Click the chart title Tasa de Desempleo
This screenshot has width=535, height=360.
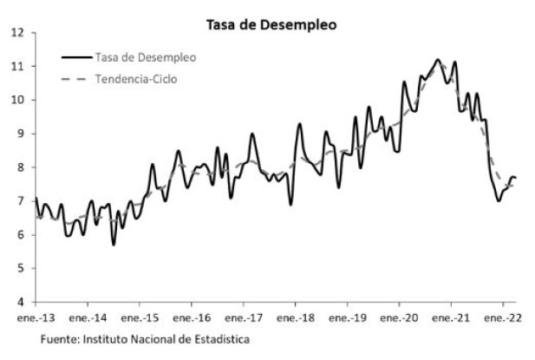pos(271,25)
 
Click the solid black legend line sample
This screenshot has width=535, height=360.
pos(76,58)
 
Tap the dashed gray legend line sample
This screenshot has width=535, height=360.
pos(76,79)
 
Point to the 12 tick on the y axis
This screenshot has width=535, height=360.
pos(17,33)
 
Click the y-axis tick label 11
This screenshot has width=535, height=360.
pos(17,66)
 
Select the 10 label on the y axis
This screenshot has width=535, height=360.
pos(17,100)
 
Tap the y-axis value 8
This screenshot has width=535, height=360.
pos(20,167)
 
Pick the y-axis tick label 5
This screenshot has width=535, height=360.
pos(20,268)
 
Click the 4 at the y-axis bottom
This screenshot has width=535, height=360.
pos(20,302)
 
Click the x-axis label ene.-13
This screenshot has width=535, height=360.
pos(36,317)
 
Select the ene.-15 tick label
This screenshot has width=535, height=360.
pos(140,317)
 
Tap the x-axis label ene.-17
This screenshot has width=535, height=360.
pos(244,317)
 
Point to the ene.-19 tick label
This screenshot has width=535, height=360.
pos(348,317)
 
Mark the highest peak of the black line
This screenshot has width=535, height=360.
pos(437,60)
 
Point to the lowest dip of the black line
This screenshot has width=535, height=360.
pos(114,245)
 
